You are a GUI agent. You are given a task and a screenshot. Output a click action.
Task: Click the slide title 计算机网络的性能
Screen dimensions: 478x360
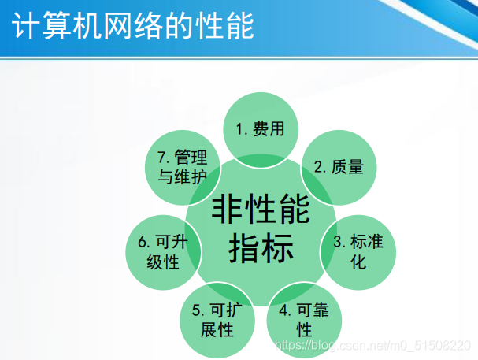[133, 26]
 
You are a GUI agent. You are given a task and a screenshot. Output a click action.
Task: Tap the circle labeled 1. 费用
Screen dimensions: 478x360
[261, 130]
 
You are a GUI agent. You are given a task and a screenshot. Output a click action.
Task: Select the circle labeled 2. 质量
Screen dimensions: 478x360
[339, 168]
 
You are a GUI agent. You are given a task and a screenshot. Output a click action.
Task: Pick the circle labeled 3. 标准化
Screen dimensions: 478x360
[358, 252]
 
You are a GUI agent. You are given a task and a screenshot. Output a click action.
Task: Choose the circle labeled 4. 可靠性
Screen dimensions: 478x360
[304, 321]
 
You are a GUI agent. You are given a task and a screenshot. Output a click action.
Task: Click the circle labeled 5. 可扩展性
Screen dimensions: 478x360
[217, 321]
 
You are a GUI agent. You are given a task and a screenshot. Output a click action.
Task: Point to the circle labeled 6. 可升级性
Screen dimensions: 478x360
[163, 252]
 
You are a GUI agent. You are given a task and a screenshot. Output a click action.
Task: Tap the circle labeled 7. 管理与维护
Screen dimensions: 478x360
[182, 168]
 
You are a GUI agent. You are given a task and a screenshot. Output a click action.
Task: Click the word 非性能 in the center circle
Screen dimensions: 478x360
[261, 210]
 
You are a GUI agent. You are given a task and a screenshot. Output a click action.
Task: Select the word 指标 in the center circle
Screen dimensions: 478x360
[261, 248]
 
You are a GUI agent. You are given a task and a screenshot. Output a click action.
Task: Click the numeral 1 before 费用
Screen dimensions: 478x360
[240, 129]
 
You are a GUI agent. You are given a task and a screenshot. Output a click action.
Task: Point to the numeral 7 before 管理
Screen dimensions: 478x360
[162, 158]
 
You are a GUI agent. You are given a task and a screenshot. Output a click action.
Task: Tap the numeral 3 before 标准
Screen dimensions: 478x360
[337, 242]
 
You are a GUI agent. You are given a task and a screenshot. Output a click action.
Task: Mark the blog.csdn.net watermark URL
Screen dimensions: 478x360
[372, 345]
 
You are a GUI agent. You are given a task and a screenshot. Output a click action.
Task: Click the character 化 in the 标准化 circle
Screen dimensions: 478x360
[358, 262]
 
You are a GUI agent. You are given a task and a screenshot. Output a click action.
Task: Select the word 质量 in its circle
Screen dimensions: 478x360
[347, 167]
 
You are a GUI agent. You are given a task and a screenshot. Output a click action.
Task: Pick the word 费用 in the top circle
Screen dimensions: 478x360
[269, 128]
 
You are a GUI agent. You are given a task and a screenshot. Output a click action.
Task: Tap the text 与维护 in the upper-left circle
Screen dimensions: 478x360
[182, 176]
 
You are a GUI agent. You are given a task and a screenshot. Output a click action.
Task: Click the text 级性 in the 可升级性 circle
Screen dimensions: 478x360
[163, 262]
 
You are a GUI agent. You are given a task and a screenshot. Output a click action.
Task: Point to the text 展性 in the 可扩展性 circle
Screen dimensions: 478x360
[217, 330]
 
